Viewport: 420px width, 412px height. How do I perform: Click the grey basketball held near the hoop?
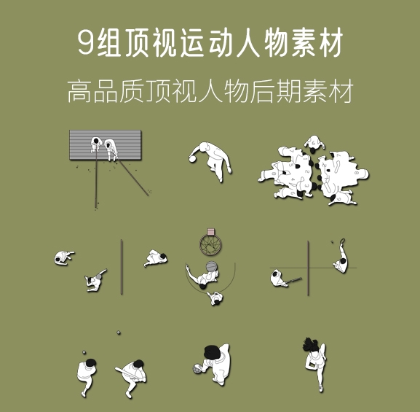pyautogui.click(x=211, y=267)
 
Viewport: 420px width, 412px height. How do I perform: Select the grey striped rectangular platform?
pyautogui.click(x=106, y=147)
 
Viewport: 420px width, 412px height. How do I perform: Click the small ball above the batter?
pyautogui.click(x=119, y=333)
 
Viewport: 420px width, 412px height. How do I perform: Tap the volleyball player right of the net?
pyautogui.click(x=156, y=258)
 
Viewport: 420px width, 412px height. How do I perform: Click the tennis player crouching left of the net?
pyautogui.click(x=279, y=278)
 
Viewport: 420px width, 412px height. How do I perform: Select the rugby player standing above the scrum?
pyautogui.click(x=313, y=144)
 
